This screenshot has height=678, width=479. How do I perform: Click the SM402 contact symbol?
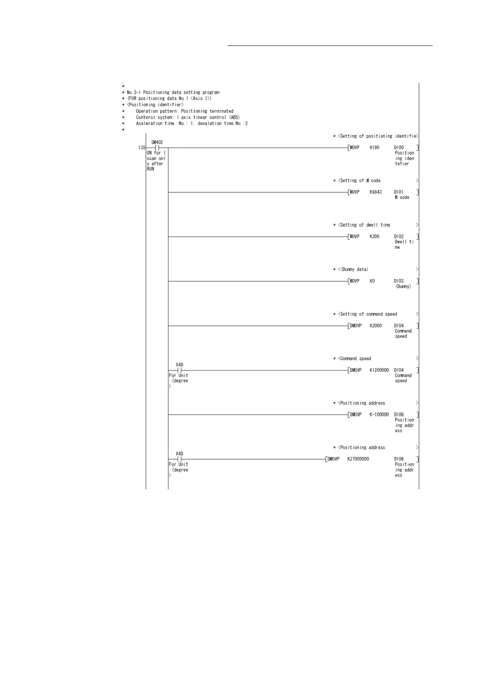click(157, 148)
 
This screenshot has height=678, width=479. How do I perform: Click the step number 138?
click(142, 148)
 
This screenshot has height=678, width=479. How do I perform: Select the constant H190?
click(374, 148)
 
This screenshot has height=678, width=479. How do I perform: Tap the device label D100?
click(399, 148)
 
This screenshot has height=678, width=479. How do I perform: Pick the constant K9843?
click(376, 192)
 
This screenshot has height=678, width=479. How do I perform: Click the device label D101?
click(399, 192)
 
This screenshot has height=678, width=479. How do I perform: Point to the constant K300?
click(374, 237)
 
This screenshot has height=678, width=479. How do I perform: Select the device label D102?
click(399, 237)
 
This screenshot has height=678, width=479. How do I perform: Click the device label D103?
click(399, 281)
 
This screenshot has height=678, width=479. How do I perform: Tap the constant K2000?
click(376, 326)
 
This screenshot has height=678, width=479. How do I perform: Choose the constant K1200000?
click(379, 370)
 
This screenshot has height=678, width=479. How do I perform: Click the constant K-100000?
click(379, 415)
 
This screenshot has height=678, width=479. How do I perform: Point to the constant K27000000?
click(358, 459)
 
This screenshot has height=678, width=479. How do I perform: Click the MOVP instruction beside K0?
click(355, 281)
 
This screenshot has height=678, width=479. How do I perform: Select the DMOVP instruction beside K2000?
click(355, 326)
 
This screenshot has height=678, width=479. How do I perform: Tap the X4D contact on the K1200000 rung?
click(180, 370)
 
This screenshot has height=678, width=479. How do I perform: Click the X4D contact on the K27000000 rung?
click(180, 459)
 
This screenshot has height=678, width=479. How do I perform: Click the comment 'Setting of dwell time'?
click(364, 225)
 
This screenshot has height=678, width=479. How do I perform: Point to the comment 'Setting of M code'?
click(359, 181)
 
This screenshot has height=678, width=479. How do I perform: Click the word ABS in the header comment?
click(234, 117)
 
